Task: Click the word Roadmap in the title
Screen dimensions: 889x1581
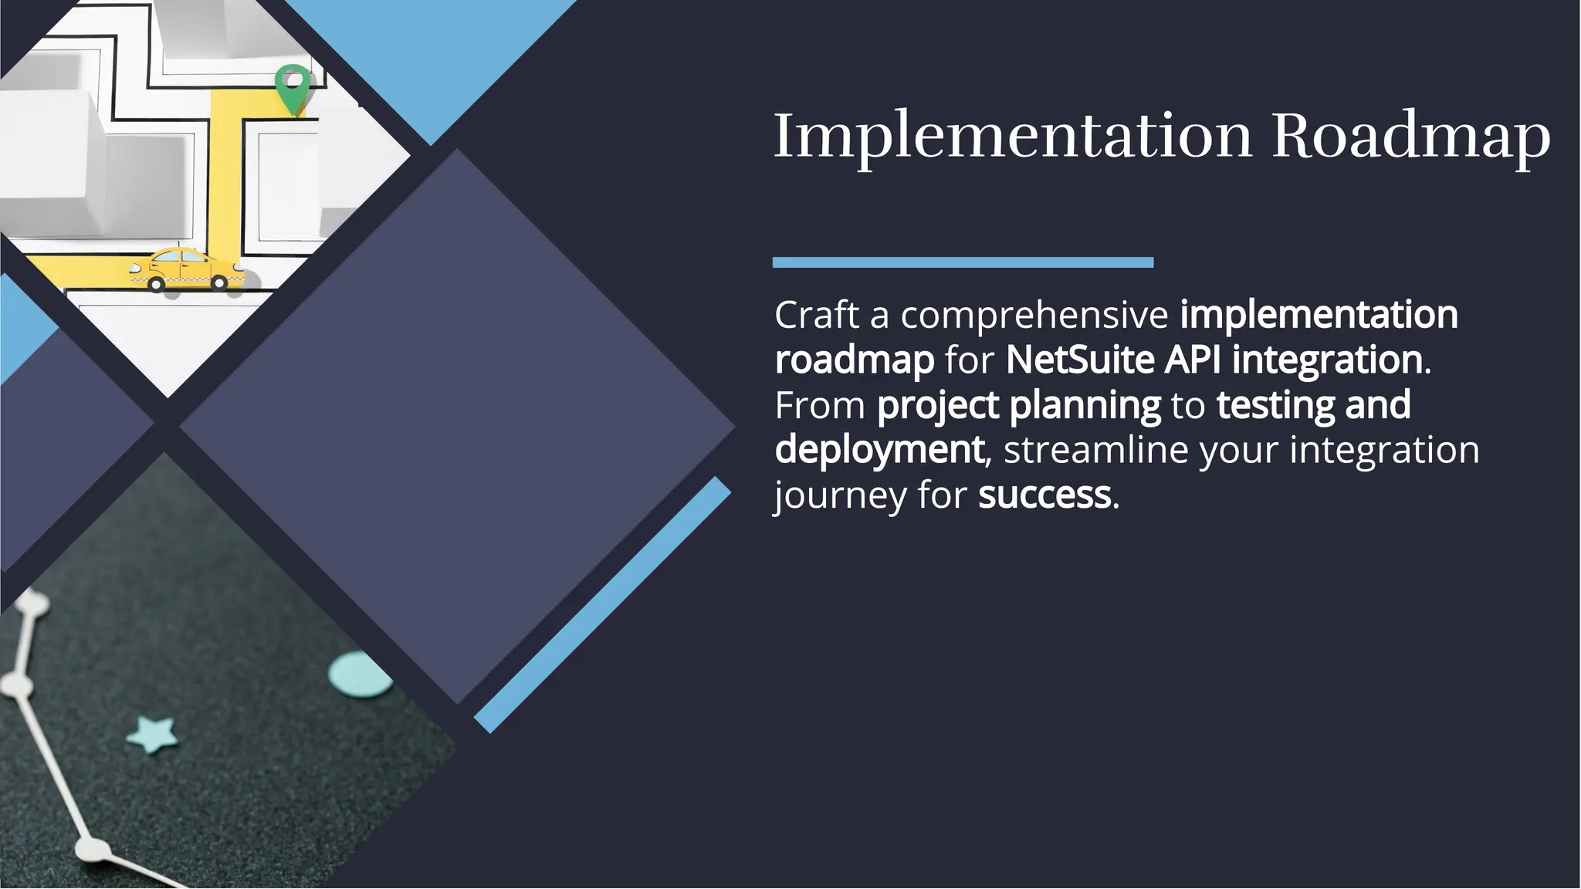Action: coord(1411,136)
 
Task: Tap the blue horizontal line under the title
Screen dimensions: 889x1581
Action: coord(963,262)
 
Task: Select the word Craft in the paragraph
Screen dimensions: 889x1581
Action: coord(817,315)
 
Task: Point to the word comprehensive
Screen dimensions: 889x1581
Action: coord(1034,315)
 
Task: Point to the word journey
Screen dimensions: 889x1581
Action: coord(840,495)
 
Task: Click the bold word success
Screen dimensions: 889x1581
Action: coord(1044,495)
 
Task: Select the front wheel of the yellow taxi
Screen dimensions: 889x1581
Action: coord(157,284)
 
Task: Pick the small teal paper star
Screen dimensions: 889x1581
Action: coord(151,733)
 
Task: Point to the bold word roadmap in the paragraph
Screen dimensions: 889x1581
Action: coord(854,360)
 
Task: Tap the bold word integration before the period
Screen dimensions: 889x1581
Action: coord(1327,360)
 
